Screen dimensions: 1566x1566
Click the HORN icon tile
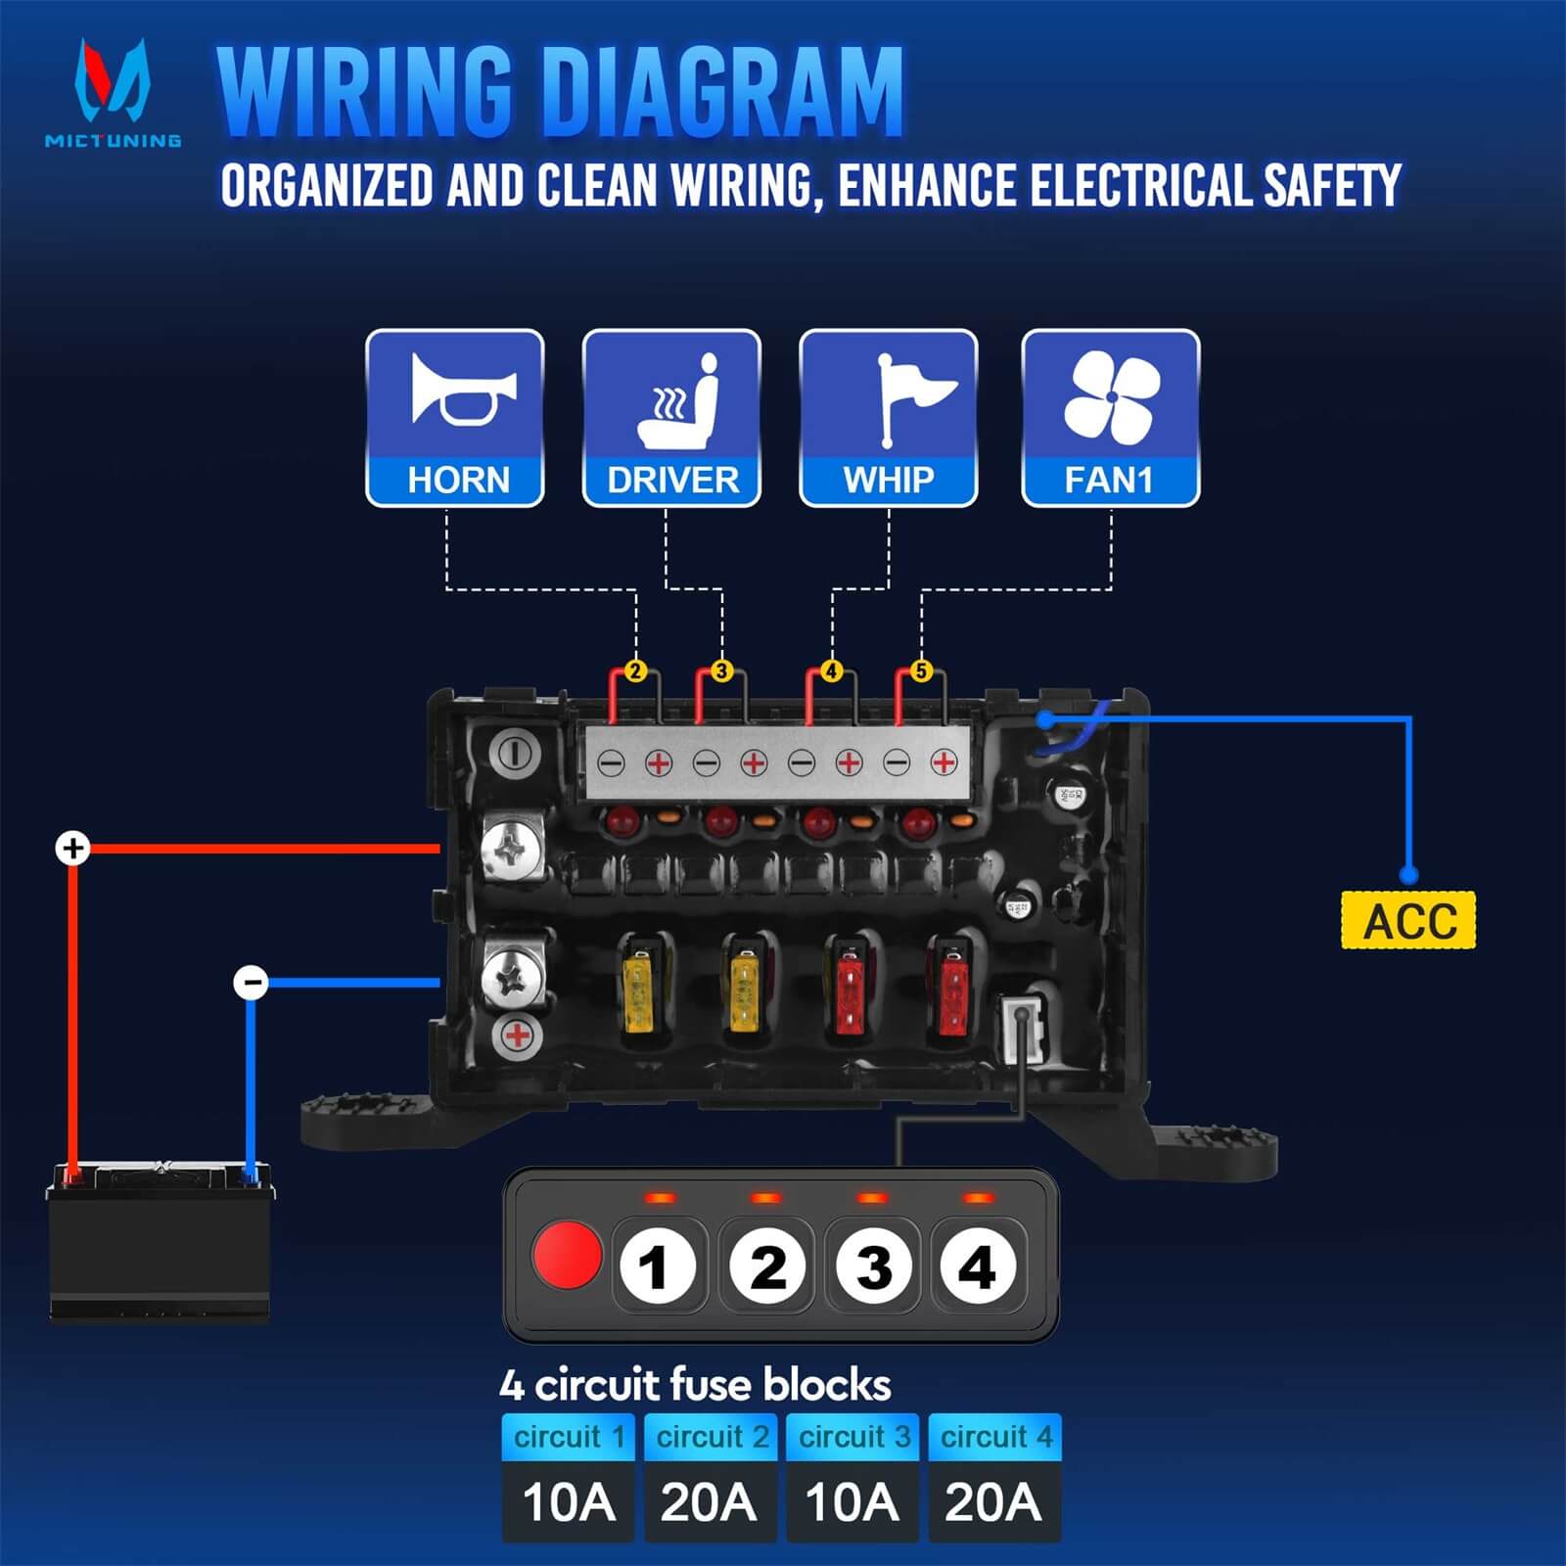(x=455, y=418)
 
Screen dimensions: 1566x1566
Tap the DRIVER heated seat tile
(x=671, y=418)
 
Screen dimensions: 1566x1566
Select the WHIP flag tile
(x=889, y=418)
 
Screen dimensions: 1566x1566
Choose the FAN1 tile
(x=1111, y=418)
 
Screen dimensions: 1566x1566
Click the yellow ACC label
(x=1407, y=920)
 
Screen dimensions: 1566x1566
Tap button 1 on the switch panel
(x=658, y=1267)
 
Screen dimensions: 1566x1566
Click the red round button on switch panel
(x=567, y=1254)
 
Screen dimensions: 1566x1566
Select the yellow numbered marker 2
(x=635, y=671)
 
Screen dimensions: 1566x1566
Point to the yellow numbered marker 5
(x=921, y=671)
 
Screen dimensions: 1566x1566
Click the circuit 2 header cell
(x=711, y=1437)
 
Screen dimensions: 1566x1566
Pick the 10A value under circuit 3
(x=852, y=1502)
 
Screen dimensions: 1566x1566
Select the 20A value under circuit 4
(x=993, y=1502)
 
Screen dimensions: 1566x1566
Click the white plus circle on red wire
(x=72, y=848)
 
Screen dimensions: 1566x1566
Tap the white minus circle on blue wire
(x=252, y=982)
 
